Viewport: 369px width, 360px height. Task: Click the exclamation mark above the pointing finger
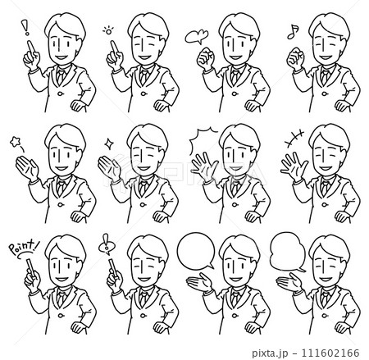26,27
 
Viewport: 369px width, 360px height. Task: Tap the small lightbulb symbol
108,30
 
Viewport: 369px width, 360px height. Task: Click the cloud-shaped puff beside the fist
197,36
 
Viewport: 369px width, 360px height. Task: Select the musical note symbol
293,31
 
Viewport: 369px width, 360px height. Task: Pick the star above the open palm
16,142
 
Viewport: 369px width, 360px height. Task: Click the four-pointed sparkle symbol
108,143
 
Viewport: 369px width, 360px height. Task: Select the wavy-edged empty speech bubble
287,252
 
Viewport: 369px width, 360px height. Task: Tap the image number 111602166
330,353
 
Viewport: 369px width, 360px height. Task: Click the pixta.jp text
270,353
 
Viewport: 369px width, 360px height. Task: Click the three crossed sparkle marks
294,138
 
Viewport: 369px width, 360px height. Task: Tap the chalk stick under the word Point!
31,267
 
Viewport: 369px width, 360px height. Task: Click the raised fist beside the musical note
295,59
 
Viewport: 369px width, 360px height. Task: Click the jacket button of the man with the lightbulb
144,94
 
